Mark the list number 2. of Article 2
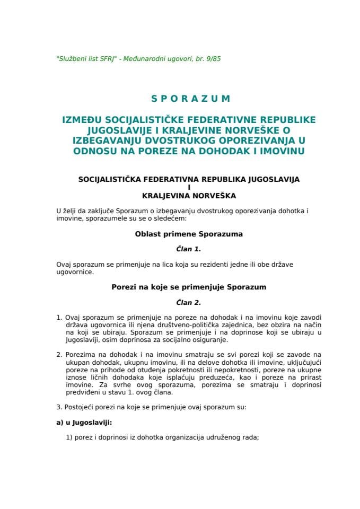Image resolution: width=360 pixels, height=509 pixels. pyautogui.click(x=59, y=354)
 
